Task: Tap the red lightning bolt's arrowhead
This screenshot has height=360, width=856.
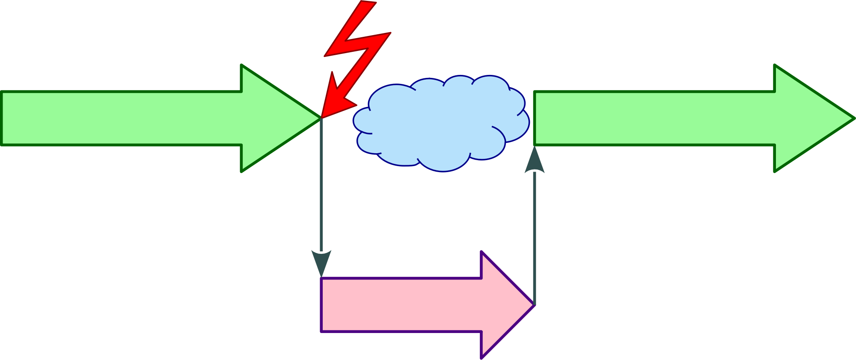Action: [336, 101]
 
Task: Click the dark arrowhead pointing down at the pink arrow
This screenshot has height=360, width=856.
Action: [321, 262]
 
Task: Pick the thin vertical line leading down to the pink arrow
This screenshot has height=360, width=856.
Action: [321, 184]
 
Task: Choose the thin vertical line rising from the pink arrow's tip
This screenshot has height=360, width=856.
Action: [535, 235]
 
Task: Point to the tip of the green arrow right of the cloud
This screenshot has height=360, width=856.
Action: [853, 118]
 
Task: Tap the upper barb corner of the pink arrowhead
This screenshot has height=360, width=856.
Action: [482, 252]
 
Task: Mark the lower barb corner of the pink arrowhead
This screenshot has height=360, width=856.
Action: [482, 357]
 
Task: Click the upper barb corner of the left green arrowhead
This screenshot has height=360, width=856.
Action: [242, 65]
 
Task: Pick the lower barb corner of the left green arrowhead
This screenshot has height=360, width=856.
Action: [242, 171]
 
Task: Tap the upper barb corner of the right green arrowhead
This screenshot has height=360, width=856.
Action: [775, 65]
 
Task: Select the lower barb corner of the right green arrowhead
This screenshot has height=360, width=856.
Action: [775, 171]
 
